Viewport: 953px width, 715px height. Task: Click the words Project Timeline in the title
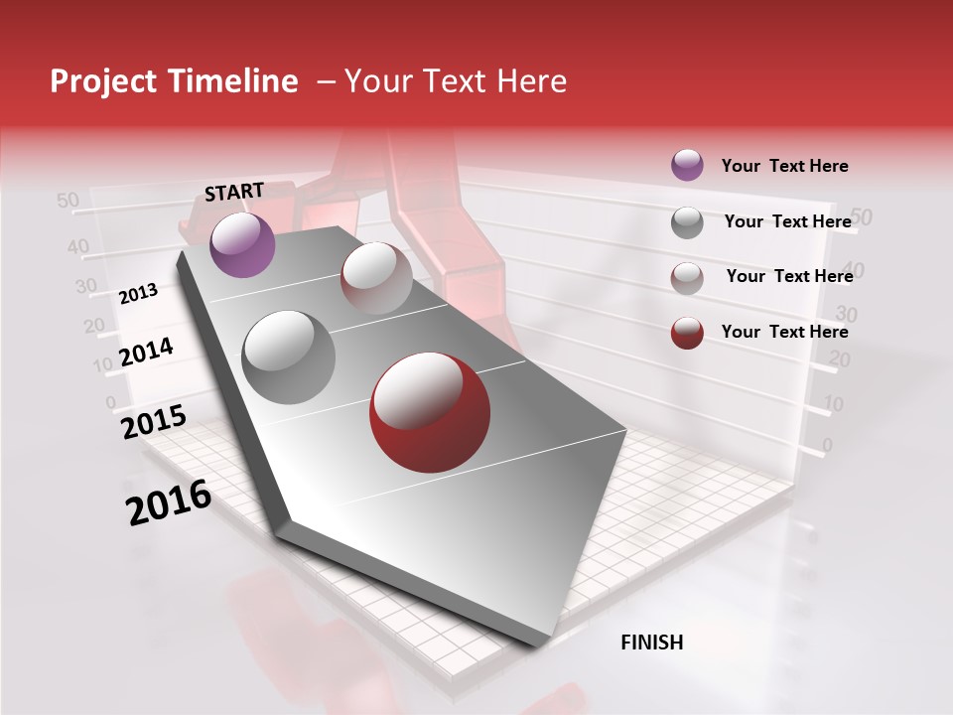tap(174, 81)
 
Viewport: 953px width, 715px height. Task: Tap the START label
tap(234, 192)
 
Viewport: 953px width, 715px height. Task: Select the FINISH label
tap(652, 643)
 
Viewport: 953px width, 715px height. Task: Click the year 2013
tap(139, 293)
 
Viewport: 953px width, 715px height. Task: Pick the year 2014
tap(147, 352)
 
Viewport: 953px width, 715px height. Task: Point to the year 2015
tap(154, 422)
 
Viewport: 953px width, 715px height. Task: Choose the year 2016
tap(169, 502)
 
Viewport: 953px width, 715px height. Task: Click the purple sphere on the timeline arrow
tap(242, 244)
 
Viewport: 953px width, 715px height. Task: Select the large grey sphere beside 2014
tap(288, 357)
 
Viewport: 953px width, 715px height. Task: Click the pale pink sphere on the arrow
tap(376, 277)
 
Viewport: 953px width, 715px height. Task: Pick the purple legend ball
tap(687, 165)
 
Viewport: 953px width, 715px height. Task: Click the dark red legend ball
tap(687, 333)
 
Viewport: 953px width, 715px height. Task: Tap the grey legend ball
tap(687, 222)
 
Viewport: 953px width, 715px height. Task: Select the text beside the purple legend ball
tap(784, 166)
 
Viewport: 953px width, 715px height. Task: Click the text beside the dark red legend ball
tap(784, 332)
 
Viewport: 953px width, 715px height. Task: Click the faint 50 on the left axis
tap(68, 201)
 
